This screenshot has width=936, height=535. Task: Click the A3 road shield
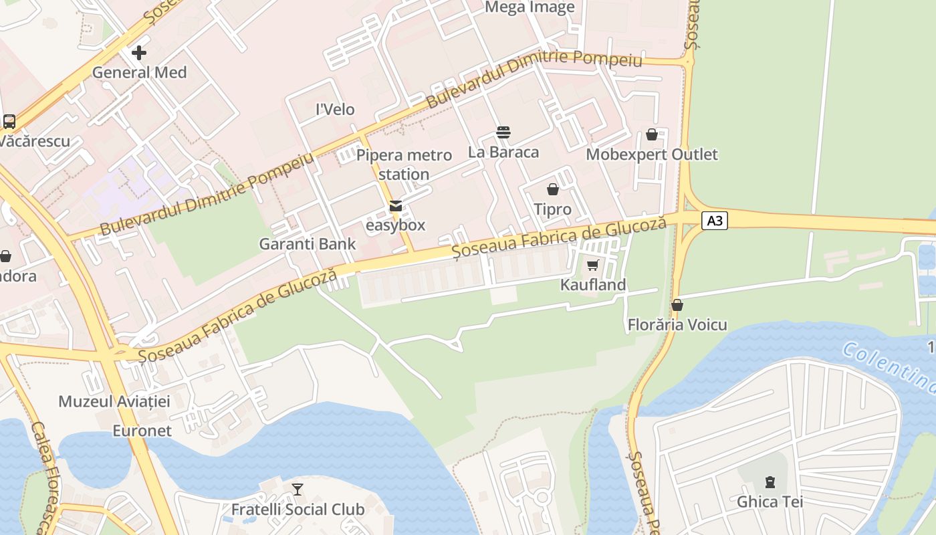pyautogui.click(x=715, y=220)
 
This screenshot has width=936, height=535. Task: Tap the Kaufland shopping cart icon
pyautogui.click(x=592, y=265)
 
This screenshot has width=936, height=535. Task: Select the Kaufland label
pyautogui.click(x=593, y=285)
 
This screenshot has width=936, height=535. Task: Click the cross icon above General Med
pyautogui.click(x=139, y=53)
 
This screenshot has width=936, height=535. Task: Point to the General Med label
pyautogui.click(x=139, y=72)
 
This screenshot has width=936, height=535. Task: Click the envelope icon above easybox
pyautogui.click(x=396, y=206)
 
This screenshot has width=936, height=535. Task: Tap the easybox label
pyautogui.click(x=396, y=225)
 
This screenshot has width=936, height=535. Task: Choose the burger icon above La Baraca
pyautogui.click(x=503, y=132)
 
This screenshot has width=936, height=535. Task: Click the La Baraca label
pyautogui.click(x=503, y=152)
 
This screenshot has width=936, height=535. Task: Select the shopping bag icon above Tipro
pyautogui.click(x=553, y=190)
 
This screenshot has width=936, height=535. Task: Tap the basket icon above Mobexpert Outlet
pyautogui.click(x=652, y=135)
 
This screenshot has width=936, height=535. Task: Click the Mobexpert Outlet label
pyautogui.click(x=652, y=154)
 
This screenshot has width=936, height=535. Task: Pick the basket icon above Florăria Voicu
pyautogui.click(x=677, y=306)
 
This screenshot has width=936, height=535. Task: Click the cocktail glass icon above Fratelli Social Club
pyautogui.click(x=298, y=490)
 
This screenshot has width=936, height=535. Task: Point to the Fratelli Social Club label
pyautogui.click(x=298, y=510)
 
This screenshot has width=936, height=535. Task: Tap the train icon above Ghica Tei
pyautogui.click(x=770, y=481)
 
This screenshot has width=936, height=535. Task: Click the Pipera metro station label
pyautogui.click(x=404, y=165)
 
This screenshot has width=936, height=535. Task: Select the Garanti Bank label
pyautogui.click(x=308, y=244)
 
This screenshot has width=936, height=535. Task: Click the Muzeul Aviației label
pyautogui.click(x=114, y=401)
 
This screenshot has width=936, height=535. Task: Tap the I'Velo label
pyautogui.click(x=335, y=109)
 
